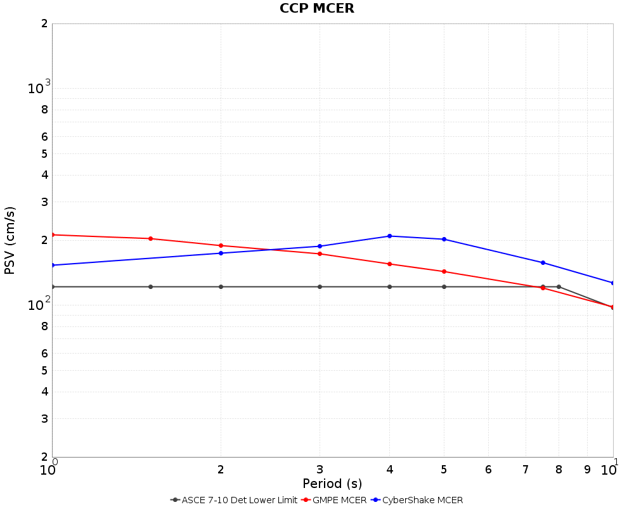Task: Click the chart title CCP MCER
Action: pyautogui.click(x=317, y=8)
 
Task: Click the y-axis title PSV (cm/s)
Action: pyautogui.click(x=10, y=240)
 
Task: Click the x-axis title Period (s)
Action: pyautogui.click(x=332, y=484)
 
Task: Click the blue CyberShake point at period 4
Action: pyautogui.click(x=389, y=236)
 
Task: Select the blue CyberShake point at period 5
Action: pyautogui.click(x=444, y=240)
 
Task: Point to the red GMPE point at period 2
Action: pyautogui.click(x=221, y=246)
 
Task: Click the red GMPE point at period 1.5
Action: pyautogui.click(x=150, y=239)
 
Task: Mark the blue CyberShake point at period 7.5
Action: pyautogui.click(x=543, y=262)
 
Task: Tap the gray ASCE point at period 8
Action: pyautogui.click(x=559, y=287)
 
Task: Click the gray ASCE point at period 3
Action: pyautogui.click(x=320, y=287)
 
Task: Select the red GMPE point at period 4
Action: pyautogui.click(x=389, y=264)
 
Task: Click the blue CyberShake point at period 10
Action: pyautogui.click(x=612, y=283)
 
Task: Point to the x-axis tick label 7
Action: pyautogui.click(x=526, y=470)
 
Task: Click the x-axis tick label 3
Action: pyautogui.click(x=320, y=470)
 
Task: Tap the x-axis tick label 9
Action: pyautogui.click(x=587, y=470)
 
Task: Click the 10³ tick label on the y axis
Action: pyautogui.click(x=38, y=89)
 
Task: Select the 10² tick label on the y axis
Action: pyautogui.click(x=38, y=305)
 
